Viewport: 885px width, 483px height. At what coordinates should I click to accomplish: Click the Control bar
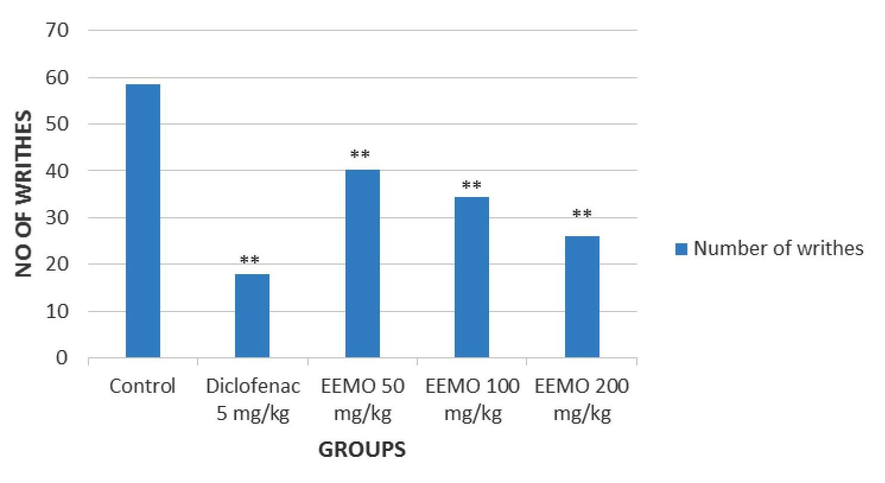pyautogui.click(x=143, y=221)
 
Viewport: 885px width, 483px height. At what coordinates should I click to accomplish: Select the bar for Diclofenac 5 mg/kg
pyautogui.click(x=252, y=316)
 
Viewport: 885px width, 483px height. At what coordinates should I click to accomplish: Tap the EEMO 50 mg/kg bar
pyautogui.click(x=363, y=264)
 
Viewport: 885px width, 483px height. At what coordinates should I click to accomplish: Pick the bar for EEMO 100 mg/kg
pyautogui.click(x=472, y=277)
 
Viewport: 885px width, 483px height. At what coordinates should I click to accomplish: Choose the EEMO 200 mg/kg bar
pyautogui.click(x=582, y=297)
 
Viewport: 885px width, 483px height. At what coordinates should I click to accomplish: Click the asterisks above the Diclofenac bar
pyautogui.click(x=250, y=260)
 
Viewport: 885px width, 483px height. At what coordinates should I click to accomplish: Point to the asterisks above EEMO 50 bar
pyautogui.click(x=360, y=154)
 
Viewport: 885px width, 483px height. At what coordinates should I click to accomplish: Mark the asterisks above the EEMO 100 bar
pyautogui.click(x=472, y=185)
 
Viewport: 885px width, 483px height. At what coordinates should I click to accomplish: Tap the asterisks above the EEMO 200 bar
pyautogui.click(x=582, y=213)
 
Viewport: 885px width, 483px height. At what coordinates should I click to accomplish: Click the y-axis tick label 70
pyautogui.click(x=58, y=30)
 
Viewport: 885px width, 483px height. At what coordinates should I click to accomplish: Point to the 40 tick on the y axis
pyautogui.click(x=58, y=171)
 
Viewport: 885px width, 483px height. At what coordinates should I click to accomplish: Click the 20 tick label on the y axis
pyautogui.click(x=58, y=264)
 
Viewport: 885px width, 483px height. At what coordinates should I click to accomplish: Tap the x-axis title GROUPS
pyautogui.click(x=362, y=449)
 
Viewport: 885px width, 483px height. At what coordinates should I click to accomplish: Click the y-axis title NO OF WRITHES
pyautogui.click(x=23, y=193)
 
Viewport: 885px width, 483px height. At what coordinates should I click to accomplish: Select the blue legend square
pyautogui.click(x=681, y=249)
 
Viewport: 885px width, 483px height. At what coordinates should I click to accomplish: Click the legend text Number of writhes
pyautogui.click(x=778, y=249)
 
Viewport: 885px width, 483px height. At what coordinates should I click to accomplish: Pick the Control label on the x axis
pyautogui.click(x=142, y=386)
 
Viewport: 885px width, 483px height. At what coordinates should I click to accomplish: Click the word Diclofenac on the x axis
pyautogui.click(x=253, y=386)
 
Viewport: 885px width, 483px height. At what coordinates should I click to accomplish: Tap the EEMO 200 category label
pyautogui.click(x=582, y=400)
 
